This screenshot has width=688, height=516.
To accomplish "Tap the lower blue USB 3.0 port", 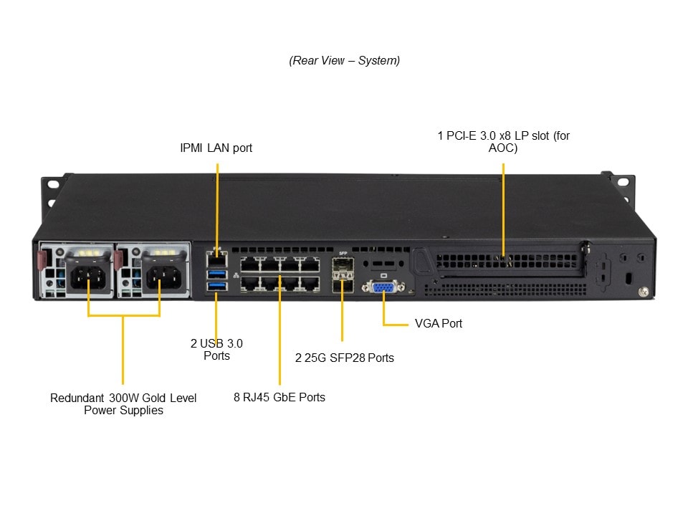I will point(216,287).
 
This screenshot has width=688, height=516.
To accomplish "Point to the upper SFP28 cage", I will point(342,270).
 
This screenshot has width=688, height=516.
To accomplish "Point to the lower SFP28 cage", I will point(342,286).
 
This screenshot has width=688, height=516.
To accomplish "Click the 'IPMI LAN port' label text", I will point(216,148).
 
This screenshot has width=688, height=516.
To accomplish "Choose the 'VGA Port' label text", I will point(439,323).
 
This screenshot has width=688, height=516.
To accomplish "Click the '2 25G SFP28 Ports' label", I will point(345,357).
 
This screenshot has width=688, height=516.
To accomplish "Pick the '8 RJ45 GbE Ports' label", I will point(279,397).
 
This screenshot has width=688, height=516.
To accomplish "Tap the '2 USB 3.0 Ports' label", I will point(216,349).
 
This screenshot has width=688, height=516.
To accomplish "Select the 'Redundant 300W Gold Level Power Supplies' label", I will point(123,404).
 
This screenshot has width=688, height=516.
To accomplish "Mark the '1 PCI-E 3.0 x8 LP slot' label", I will point(503,141).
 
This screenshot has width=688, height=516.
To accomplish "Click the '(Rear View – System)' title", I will point(345,60).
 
